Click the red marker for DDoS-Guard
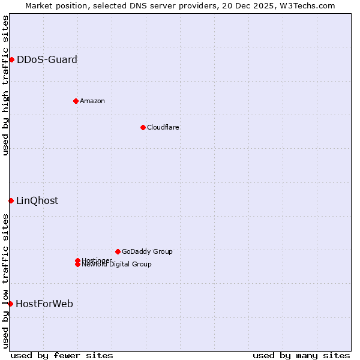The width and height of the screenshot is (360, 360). (11, 59)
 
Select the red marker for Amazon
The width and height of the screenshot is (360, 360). (76, 101)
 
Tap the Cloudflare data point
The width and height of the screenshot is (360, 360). (143, 127)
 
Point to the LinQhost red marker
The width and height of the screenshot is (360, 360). (11, 200)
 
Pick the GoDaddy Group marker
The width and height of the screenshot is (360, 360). (118, 251)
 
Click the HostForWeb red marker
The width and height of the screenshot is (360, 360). (10, 304)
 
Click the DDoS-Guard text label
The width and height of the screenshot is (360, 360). (47, 59)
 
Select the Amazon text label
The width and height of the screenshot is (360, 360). (92, 101)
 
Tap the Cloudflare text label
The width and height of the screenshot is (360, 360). (163, 127)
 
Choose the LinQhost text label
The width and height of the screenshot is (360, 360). (37, 200)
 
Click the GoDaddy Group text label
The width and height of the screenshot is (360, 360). (147, 251)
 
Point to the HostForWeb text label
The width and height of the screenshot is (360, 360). (44, 304)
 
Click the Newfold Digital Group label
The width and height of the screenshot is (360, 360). (117, 265)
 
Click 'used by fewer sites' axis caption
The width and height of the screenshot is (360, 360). (62, 355)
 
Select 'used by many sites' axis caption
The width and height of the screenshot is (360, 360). (301, 355)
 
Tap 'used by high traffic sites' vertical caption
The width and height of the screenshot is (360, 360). (5, 85)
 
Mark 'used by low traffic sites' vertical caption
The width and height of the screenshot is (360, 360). (5, 280)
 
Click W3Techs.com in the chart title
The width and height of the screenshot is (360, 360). (306, 5)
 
